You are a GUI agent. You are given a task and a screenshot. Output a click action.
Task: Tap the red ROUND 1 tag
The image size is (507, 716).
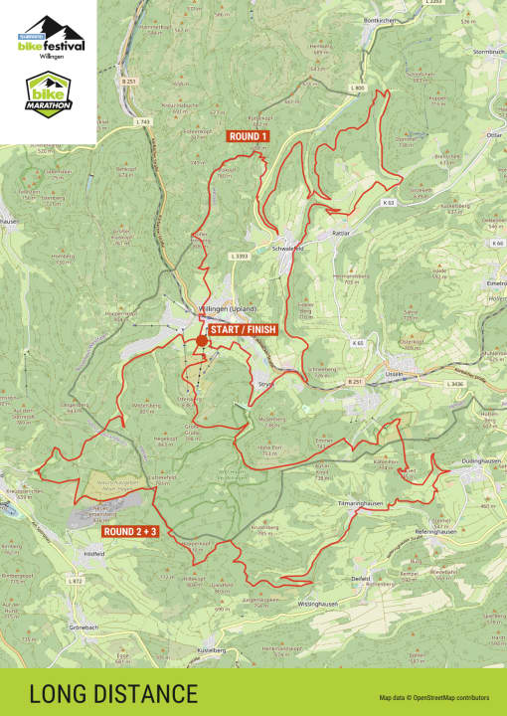coord(249,136)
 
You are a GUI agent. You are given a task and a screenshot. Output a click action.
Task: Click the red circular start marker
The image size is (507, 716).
coord(202,341)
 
